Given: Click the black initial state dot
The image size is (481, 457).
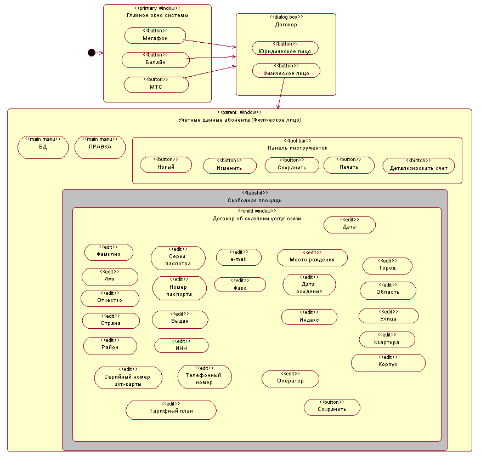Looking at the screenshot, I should pos(92,53).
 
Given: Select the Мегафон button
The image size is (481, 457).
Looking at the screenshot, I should pos(155,36).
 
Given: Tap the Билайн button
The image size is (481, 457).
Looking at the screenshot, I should pos(155,60).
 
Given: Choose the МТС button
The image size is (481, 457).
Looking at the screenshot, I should pos(156,84).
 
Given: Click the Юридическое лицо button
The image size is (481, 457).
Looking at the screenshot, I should pos(285,48).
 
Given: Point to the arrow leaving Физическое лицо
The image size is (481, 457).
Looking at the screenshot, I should pos(281,93).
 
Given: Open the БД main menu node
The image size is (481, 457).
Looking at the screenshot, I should pos(43,147).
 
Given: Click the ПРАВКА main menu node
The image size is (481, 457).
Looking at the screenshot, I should pos(100,147).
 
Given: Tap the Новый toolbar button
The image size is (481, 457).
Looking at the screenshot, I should pos(166,164).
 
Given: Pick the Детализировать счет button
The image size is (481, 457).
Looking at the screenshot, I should pos(418,165).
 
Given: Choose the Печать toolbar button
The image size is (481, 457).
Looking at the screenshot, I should pos(349,165).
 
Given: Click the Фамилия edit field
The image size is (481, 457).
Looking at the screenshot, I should pos(109,252).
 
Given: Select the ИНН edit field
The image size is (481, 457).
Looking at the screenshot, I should pos(182,345).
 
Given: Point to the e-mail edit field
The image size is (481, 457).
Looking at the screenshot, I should pos(239,257).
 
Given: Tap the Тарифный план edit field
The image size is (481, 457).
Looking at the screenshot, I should pos(171,410).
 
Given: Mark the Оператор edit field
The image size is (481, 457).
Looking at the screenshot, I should pos(290,378).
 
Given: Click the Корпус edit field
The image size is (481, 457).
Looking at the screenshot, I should pos(388,362).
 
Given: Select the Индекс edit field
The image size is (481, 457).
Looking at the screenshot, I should pos(309,317).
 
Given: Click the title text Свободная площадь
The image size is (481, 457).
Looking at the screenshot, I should pos(254,201).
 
